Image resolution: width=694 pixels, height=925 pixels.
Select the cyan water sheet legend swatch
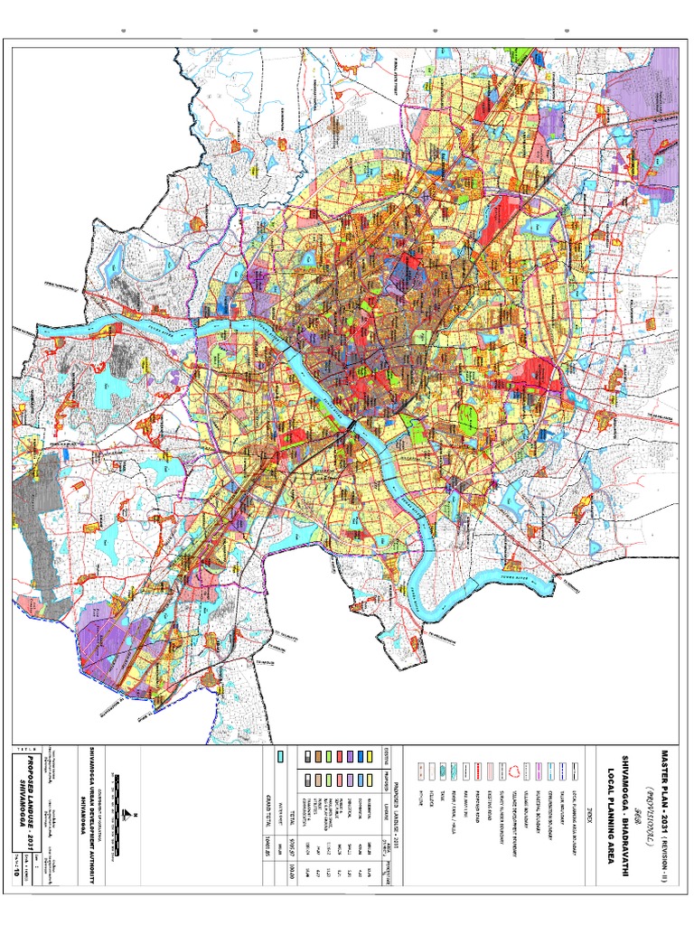tap(281, 756)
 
